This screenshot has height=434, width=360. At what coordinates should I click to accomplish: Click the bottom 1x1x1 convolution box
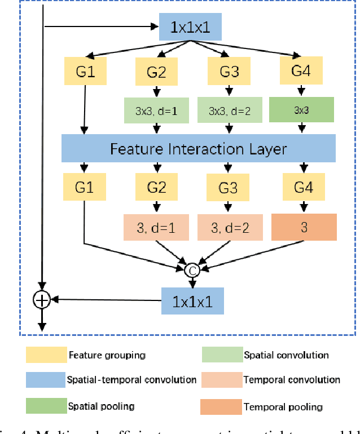pyautogui.click(x=192, y=300)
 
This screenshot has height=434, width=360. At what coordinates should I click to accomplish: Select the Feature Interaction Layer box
pyautogui.click(x=198, y=149)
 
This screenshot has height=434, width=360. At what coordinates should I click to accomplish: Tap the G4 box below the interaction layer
pyautogui.click(x=304, y=187)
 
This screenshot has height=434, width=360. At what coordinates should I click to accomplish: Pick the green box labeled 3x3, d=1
pyautogui.click(x=155, y=111)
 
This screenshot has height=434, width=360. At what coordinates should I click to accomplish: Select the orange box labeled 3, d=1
pyautogui.click(x=155, y=227)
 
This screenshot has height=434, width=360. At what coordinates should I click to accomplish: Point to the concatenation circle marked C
pyautogui.click(x=193, y=270)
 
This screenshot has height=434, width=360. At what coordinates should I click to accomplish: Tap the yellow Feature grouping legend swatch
pyautogui.click(x=45, y=355)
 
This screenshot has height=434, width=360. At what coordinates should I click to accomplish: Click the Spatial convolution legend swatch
pyautogui.click(x=221, y=355)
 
